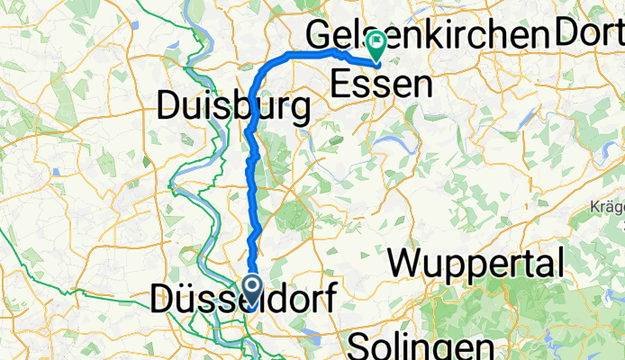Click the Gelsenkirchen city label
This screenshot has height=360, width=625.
(x=428, y=35)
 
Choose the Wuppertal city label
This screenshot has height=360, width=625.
(x=477, y=265)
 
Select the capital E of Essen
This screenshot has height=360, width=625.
(x=341, y=85)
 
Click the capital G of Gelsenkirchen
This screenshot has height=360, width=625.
(x=319, y=35)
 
